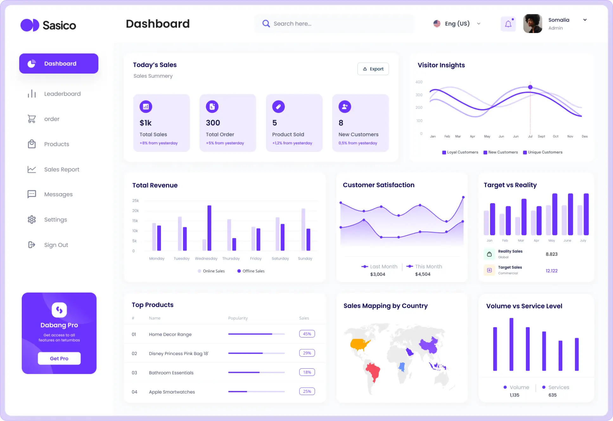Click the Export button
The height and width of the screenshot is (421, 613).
373,69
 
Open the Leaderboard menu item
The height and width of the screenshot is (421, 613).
62,94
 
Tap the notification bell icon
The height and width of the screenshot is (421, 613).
508,24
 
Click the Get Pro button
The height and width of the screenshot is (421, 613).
59,358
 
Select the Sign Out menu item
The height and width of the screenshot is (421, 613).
56,245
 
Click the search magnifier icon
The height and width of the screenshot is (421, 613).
266,24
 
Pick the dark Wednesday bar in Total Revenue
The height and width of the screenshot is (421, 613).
209,228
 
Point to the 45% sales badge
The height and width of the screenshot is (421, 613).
307,334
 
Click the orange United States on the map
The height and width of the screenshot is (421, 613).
360,344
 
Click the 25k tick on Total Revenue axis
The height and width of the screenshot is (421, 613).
136,201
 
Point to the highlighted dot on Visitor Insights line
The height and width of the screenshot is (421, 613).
530,87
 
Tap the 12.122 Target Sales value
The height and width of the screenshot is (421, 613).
551,271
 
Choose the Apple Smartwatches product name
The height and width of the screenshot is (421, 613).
172,392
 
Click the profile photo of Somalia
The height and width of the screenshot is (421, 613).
533,24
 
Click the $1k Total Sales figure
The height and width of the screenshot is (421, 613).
146,123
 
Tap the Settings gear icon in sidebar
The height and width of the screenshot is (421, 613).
32,219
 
